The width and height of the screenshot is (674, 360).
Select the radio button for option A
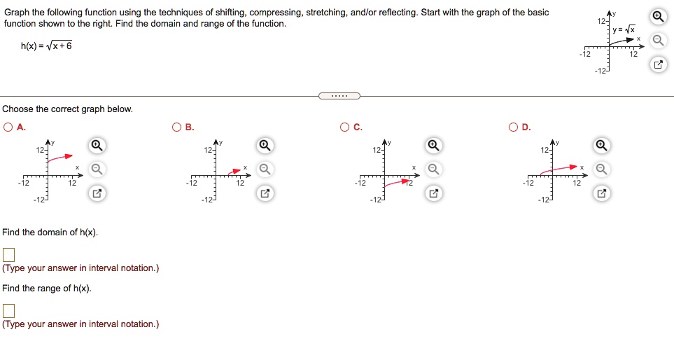[8, 127]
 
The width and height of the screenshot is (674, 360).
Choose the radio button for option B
[177, 127]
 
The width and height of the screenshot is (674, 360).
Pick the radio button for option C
[345, 127]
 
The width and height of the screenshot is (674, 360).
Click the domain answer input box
[8, 254]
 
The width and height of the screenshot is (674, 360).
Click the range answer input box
[8, 310]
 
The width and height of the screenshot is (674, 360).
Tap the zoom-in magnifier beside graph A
[98, 146]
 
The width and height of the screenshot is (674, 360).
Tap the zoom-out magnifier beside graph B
[265, 169]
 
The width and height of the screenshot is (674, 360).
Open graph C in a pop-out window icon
[433, 193]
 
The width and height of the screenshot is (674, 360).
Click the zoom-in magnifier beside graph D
[601, 146]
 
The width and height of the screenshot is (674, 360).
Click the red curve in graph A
[62, 158]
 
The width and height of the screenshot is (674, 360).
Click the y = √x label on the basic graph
[624, 29]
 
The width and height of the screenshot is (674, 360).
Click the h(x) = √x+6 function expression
[46, 46]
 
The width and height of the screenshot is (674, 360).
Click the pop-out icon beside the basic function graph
[657, 65]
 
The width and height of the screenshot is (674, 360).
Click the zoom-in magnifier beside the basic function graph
[657, 17]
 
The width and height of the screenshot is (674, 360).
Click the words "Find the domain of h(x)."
[50, 232]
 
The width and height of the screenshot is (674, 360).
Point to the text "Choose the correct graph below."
[67, 109]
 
